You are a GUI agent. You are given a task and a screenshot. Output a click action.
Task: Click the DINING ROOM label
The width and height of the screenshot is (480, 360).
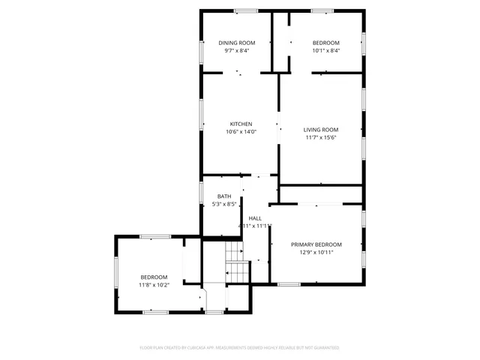point(237,43)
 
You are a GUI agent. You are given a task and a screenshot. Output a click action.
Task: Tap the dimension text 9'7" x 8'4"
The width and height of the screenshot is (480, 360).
point(237,51)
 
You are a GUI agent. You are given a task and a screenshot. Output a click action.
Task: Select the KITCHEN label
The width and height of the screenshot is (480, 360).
point(241,124)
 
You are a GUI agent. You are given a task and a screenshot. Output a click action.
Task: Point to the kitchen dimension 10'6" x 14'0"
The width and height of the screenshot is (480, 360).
point(241,132)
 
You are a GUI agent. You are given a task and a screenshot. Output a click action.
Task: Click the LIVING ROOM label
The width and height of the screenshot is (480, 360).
point(321,129)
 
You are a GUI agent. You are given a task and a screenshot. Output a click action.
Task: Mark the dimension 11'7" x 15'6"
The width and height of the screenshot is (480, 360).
point(321,137)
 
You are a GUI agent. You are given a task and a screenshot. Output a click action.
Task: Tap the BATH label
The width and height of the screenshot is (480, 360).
point(224,196)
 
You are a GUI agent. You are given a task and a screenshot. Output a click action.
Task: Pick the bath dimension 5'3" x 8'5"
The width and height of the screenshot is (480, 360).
point(224,204)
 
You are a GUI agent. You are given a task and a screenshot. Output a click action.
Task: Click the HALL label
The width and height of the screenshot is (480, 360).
point(255,217)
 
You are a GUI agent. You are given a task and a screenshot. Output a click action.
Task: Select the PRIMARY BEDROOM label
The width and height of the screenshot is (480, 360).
point(316,244)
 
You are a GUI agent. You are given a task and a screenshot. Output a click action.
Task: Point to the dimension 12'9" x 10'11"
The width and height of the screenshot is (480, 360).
point(316,253)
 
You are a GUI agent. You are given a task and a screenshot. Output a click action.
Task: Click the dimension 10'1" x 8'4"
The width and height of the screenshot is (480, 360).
point(326,51)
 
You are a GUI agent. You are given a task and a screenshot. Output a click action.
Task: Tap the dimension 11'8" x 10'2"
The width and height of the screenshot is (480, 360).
point(154,285)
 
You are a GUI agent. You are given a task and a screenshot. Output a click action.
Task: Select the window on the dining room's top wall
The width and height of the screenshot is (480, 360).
point(245,10)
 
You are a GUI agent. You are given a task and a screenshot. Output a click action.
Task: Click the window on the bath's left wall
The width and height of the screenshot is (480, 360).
point(201,197)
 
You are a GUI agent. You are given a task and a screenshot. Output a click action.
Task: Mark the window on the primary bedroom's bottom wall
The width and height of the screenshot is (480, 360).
point(289,284)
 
